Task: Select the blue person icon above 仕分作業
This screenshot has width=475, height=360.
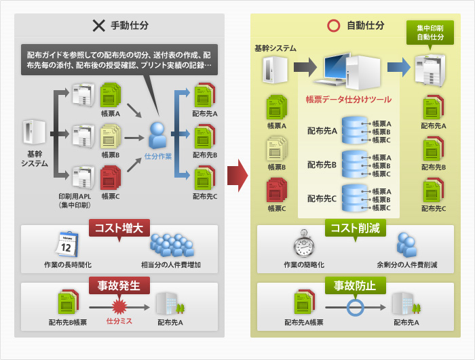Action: coord(157,134)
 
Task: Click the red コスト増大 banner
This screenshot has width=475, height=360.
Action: coord(119,229)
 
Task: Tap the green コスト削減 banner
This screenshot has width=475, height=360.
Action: coord(356,228)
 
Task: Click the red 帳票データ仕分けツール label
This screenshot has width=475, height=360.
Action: coord(349,99)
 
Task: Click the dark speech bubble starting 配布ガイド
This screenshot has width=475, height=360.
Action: coord(119,60)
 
